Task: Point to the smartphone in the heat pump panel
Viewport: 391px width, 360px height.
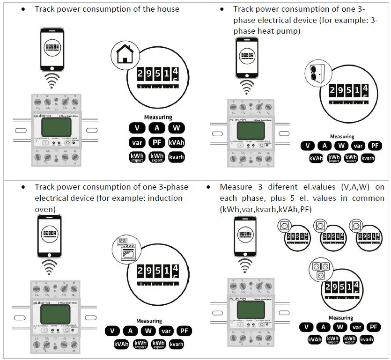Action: (247, 58)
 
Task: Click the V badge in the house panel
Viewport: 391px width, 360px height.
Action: (137, 127)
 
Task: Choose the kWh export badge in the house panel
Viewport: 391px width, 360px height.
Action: (157, 158)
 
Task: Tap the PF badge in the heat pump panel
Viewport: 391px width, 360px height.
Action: (375, 146)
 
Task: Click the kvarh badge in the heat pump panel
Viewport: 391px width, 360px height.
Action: (368, 158)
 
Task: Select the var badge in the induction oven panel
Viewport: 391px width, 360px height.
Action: (166, 331)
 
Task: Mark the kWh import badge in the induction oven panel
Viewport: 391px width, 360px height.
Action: (140, 345)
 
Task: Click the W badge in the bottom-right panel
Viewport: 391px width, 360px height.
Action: (340, 327)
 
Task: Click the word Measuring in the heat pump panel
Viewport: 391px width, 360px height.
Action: (342, 137)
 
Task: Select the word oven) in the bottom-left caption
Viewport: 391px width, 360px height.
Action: (46, 209)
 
